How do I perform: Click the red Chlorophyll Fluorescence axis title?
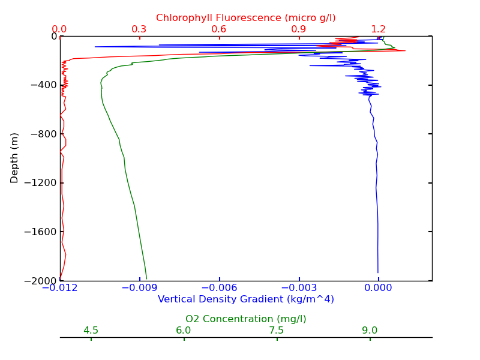coord(246,18)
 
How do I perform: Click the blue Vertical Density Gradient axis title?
coord(246,299)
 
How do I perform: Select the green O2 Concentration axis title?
coord(246,319)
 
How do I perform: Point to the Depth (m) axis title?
coord(15,158)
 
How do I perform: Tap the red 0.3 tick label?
coord(139,29)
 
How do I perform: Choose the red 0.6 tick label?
coord(219,29)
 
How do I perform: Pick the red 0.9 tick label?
coord(299,29)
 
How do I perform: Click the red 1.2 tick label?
coord(379,29)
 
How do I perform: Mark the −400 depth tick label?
coord(42,85)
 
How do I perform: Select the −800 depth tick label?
coord(42,134)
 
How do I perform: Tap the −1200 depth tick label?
coord(40,183)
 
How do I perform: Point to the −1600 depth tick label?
coord(40,232)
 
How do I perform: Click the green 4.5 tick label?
coord(91,331)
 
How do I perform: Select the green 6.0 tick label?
coord(184,331)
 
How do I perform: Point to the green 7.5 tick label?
coord(277,331)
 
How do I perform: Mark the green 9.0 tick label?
coord(370,331)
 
